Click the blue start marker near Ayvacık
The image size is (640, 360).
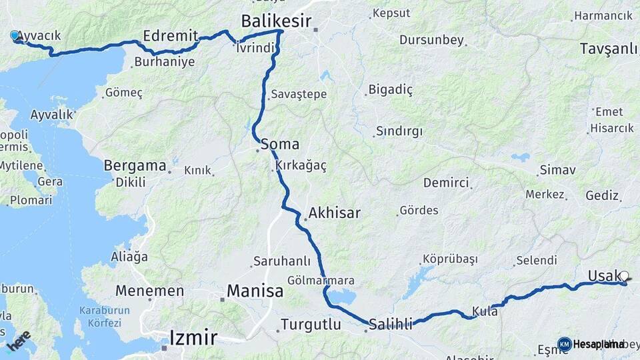tap(15, 35)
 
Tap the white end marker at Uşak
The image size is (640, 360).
tap(624, 275)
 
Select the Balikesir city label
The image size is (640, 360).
tap(276, 21)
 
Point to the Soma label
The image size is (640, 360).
tap(280, 144)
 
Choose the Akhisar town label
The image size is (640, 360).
tap(333, 213)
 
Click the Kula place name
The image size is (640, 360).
tap(485, 311)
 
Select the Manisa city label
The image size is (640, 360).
tap(255, 291)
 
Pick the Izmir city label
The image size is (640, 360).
tap(193, 337)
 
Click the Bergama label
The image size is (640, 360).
tap(135, 165)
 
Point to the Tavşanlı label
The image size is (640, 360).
tap(608, 49)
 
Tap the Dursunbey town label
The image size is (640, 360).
tap(431, 40)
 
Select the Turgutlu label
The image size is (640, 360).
tap(311, 325)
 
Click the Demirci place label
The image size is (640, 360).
tap(446, 183)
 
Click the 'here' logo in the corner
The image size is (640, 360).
tap(18, 339)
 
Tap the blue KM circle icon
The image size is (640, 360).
tap(564, 344)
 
